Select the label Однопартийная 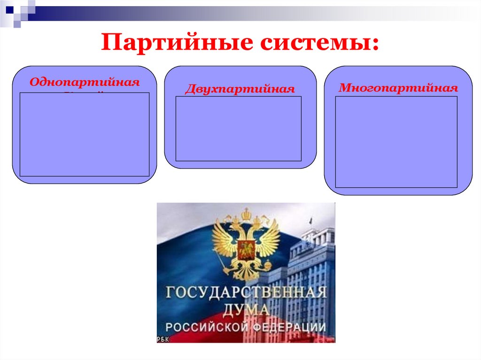click(85, 82)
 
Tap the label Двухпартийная click(240, 89)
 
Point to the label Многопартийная click(398, 88)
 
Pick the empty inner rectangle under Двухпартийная click(239, 129)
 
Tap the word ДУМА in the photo click(246, 310)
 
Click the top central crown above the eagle click(246, 214)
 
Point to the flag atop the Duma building click(310, 220)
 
